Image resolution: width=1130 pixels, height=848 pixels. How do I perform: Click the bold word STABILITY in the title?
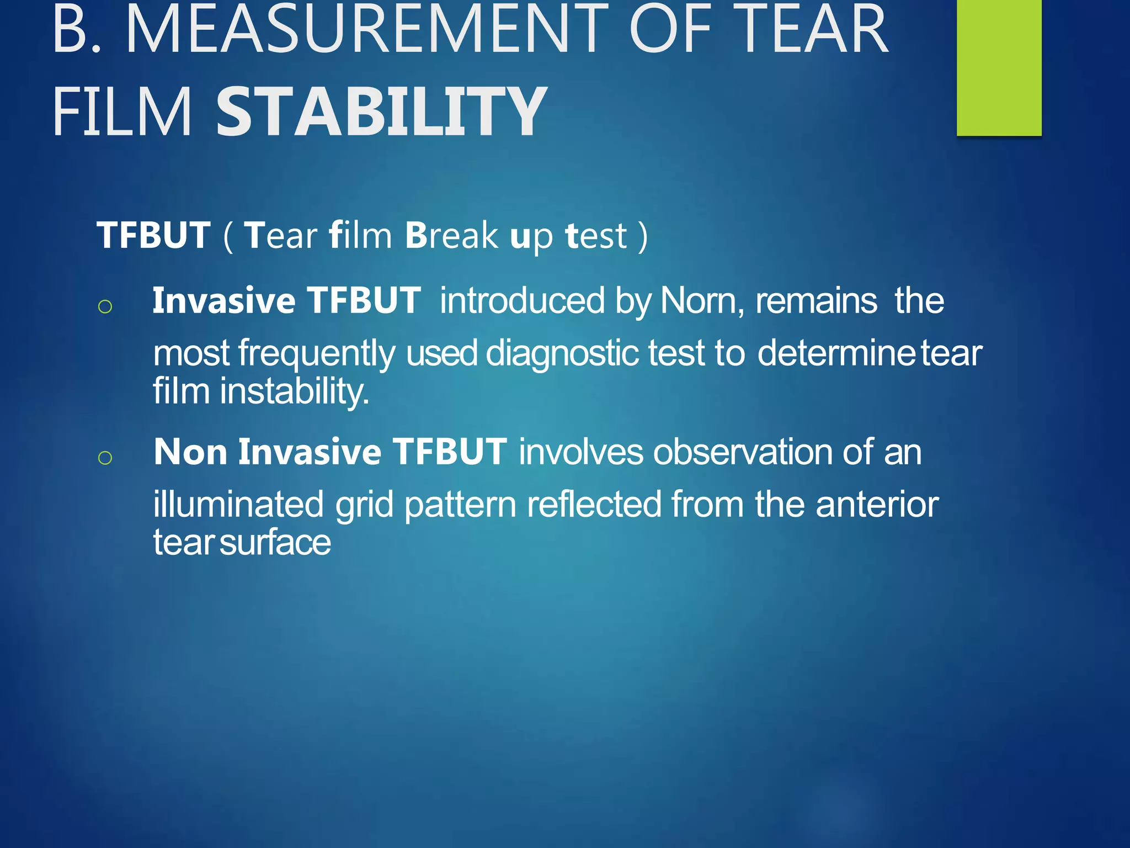click(x=381, y=112)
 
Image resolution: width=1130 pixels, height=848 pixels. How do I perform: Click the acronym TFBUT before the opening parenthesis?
click(x=153, y=236)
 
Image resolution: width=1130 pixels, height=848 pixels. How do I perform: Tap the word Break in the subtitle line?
click(x=451, y=236)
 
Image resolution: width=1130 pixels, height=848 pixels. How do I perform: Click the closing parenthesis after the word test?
click(x=642, y=236)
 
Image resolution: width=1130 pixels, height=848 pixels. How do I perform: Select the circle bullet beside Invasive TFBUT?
click(x=105, y=306)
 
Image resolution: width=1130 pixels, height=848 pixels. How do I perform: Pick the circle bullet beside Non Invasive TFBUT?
click(x=105, y=458)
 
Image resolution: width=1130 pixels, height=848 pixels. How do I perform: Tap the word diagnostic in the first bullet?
click(x=561, y=353)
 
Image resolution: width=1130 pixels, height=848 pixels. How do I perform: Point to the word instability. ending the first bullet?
click(x=294, y=391)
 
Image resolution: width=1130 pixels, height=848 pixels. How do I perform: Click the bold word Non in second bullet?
click(x=190, y=452)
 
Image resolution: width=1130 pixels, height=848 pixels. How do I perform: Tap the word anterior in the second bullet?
click(x=877, y=504)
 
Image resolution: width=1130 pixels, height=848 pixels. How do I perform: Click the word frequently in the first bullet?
click(x=317, y=353)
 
